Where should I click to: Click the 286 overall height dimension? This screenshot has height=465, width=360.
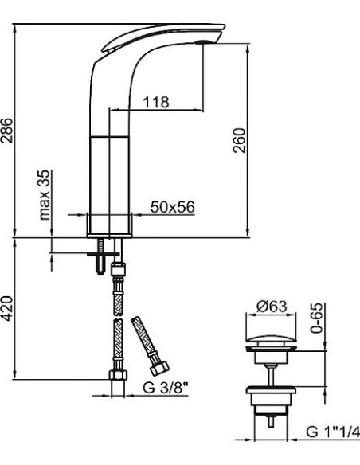pyautogui.click(x=6, y=131)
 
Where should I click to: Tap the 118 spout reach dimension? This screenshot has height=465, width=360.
pyautogui.click(x=156, y=102)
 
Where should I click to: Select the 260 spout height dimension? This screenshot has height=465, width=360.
pyautogui.click(x=239, y=140)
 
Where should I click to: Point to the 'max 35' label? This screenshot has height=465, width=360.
pyautogui.click(x=45, y=194)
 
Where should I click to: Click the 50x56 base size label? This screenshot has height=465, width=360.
pyautogui.click(x=173, y=207)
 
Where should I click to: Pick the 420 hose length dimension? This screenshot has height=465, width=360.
pyautogui.click(x=6, y=308)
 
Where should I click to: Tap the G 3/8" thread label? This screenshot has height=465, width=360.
pyautogui.click(x=166, y=388)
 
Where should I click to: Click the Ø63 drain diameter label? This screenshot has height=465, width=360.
pyautogui.click(x=272, y=306)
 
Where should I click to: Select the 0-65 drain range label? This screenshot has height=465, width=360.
pyautogui.click(x=317, y=318)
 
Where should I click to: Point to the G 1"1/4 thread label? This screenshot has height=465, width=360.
pyautogui.click(x=333, y=432)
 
